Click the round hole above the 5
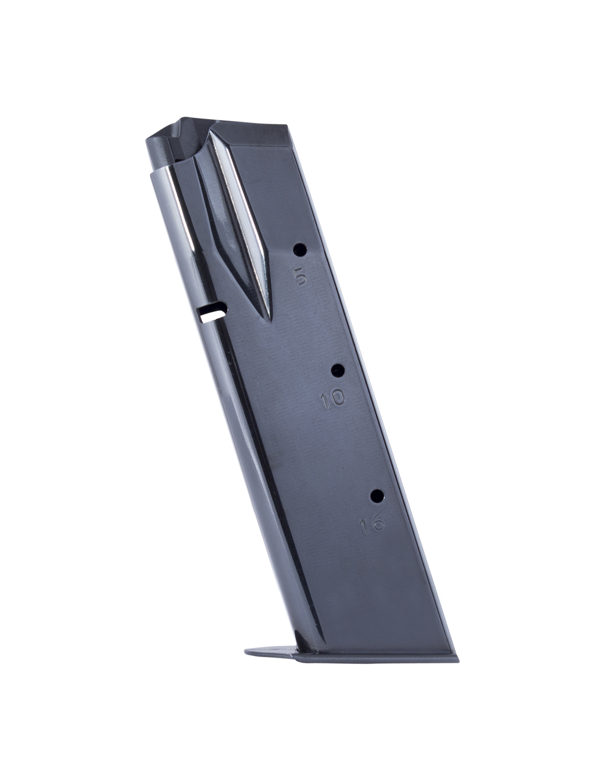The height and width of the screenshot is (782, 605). point(300,250)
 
